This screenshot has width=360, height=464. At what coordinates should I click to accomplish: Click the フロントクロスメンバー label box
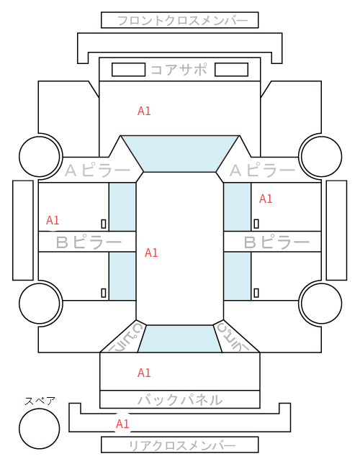[180, 20]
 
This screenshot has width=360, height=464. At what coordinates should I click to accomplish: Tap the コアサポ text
[179, 70]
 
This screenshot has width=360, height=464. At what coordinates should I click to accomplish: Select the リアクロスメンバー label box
[180, 445]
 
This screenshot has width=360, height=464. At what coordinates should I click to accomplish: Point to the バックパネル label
[180, 400]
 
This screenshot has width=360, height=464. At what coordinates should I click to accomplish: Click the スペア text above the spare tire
[40, 401]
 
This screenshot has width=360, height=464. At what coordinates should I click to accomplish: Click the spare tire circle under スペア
[40, 429]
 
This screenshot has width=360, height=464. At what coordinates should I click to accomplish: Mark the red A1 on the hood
[144, 111]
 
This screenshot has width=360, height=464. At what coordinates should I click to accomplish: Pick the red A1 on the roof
[151, 253]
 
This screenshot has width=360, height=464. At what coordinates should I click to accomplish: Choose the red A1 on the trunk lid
[144, 373]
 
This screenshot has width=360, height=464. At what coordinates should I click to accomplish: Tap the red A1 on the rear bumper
[122, 424]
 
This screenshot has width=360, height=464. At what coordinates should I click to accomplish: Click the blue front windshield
[180, 154]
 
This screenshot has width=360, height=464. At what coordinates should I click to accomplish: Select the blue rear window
[180, 339]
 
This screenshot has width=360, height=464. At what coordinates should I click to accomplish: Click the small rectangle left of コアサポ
[128, 70]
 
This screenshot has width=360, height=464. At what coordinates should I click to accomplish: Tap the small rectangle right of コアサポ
[231, 70]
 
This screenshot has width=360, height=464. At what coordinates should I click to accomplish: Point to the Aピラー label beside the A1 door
[262, 170]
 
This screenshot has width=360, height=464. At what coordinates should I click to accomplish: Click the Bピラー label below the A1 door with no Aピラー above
[89, 242]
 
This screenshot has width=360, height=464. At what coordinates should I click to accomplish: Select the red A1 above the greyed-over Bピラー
[53, 220]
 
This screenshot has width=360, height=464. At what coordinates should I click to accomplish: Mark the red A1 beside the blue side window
[266, 199]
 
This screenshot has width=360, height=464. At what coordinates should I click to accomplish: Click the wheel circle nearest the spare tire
[40, 304]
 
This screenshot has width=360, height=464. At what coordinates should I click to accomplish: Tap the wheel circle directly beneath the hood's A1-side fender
[40, 156]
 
